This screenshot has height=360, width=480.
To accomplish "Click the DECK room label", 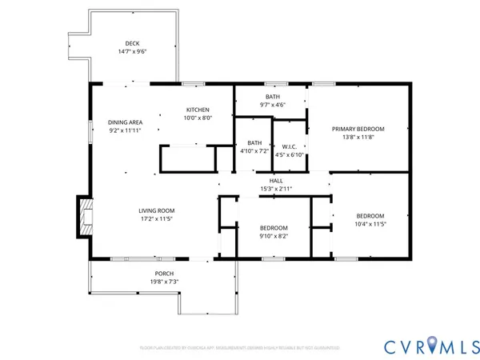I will click(132, 43).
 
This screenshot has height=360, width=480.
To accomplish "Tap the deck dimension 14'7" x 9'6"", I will click(132, 51).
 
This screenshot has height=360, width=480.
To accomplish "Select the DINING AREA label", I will click(125, 122).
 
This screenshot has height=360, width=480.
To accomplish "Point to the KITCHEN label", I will click(198, 110).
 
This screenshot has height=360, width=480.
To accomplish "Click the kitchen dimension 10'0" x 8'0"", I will click(198, 118).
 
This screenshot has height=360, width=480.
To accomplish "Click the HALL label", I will click(276, 181).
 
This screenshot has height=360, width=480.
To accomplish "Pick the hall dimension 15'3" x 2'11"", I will click(276, 189).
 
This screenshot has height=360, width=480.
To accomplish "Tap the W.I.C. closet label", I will click(290, 146).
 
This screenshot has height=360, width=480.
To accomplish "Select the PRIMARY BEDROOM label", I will click(358, 129).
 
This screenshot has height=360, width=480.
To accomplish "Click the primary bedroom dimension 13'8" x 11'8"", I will click(358, 137).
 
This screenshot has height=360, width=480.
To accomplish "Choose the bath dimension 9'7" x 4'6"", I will click(273, 104).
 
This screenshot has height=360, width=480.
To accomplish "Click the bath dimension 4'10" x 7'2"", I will click(254, 150).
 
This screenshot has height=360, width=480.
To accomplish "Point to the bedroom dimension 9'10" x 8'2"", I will click(274, 235).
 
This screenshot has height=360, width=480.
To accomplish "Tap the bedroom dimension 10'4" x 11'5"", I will click(370, 224).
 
